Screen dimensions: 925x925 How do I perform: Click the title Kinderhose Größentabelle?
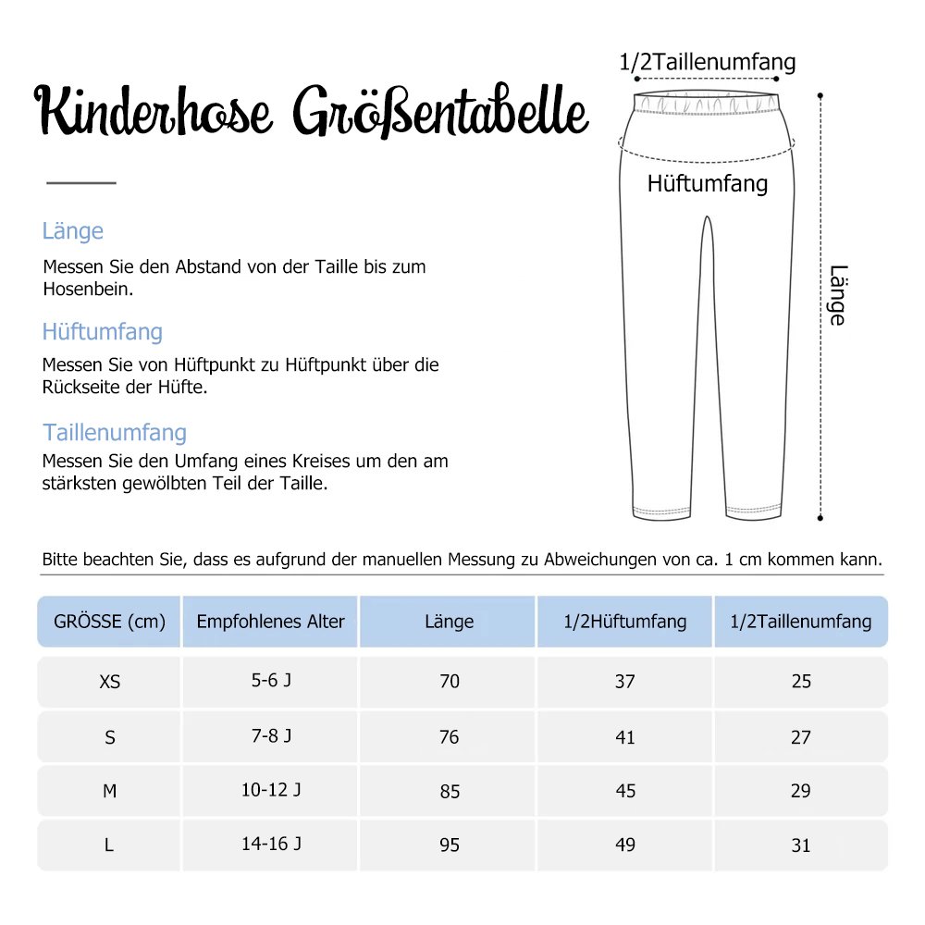pyautogui.click(x=312, y=114)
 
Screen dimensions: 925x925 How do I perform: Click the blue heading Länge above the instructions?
pyautogui.click(x=73, y=231)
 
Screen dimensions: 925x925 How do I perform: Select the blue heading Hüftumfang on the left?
pyautogui.click(x=102, y=331)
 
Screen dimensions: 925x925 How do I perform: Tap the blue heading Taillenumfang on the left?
pyautogui.click(x=115, y=432)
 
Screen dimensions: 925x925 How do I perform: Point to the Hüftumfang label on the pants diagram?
pyautogui.click(x=708, y=183)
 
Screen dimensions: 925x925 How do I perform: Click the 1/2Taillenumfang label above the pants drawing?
pyautogui.click(x=708, y=62)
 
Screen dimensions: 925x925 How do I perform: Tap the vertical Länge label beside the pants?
pyautogui.click(x=836, y=295)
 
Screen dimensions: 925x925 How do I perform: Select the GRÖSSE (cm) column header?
pyautogui.click(x=109, y=622)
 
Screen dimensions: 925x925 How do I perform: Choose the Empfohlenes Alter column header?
pyautogui.click(x=270, y=622)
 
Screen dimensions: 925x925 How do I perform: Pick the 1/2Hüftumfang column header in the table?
pyautogui.click(x=625, y=622)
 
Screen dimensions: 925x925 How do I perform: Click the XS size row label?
pyautogui.click(x=109, y=682)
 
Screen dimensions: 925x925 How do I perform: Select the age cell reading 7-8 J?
pyautogui.click(x=271, y=736)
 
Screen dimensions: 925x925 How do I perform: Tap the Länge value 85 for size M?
pyautogui.click(x=450, y=792)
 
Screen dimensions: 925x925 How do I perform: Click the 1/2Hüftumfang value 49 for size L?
pyautogui.click(x=625, y=845)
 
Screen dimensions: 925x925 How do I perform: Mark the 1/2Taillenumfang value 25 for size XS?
pyautogui.click(x=801, y=682)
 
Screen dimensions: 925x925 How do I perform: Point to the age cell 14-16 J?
pyautogui.click(x=271, y=844)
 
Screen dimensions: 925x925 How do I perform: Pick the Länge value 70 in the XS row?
pyautogui.click(x=450, y=682)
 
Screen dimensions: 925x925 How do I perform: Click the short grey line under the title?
pyautogui.click(x=81, y=183)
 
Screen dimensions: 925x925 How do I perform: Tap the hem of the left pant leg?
pyautogui.click(x=661, y=512)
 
